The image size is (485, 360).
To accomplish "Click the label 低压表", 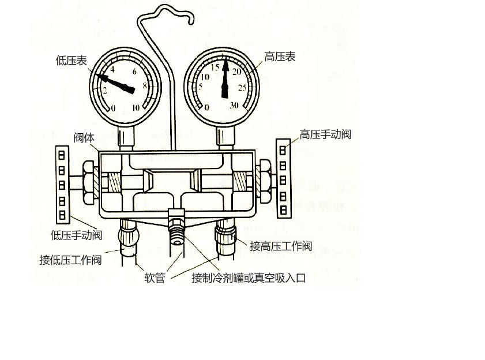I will [71, 60].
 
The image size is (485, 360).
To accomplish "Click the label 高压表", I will [280, 57].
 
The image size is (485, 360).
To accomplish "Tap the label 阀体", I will [84, 137].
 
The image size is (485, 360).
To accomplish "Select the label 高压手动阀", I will [325, 134].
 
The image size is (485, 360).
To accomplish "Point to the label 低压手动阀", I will [76, 235].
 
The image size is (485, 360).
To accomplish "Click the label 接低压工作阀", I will [70, 260].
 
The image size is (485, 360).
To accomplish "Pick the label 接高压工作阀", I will [281, 246].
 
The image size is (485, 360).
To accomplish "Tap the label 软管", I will [155, 278].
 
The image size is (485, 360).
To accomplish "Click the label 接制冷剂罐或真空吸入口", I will [249, 278].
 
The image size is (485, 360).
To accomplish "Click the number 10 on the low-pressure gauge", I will [136, 108].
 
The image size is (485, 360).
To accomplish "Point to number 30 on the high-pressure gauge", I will [234, 106].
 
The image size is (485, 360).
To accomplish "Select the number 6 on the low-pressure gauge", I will [134, 72].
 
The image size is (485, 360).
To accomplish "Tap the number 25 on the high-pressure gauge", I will [242, 88].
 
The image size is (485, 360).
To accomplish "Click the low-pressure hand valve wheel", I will [62, 183].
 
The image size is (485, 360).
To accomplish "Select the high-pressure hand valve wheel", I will [283, 178].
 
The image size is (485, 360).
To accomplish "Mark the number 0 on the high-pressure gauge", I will [206, 108].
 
